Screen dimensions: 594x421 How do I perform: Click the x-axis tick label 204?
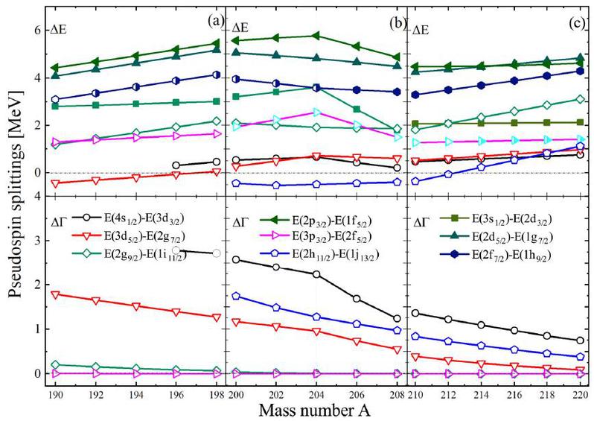316,395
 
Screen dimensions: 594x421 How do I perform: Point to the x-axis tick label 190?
55,395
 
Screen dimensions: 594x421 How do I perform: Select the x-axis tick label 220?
580,395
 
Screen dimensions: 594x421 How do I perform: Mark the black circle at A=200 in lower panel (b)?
236,260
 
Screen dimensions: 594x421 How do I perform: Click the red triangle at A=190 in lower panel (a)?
55,295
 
